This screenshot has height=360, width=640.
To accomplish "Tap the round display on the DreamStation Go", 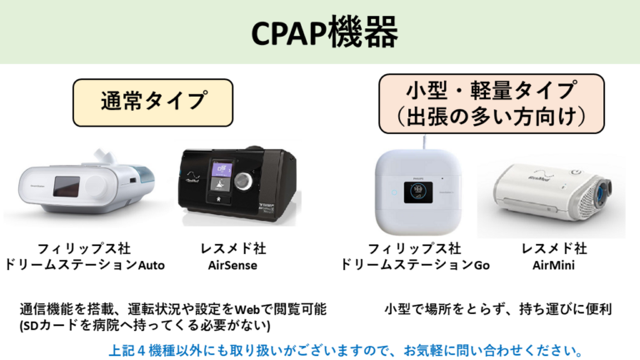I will pos(417,195).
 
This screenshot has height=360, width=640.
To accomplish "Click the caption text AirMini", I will pos(554,265).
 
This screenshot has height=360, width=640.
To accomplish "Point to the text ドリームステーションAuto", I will pos(85,265).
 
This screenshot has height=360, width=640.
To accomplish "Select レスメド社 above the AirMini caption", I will pos(554,248).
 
